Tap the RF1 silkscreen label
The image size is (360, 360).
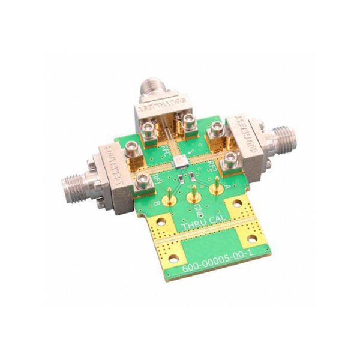156,178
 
